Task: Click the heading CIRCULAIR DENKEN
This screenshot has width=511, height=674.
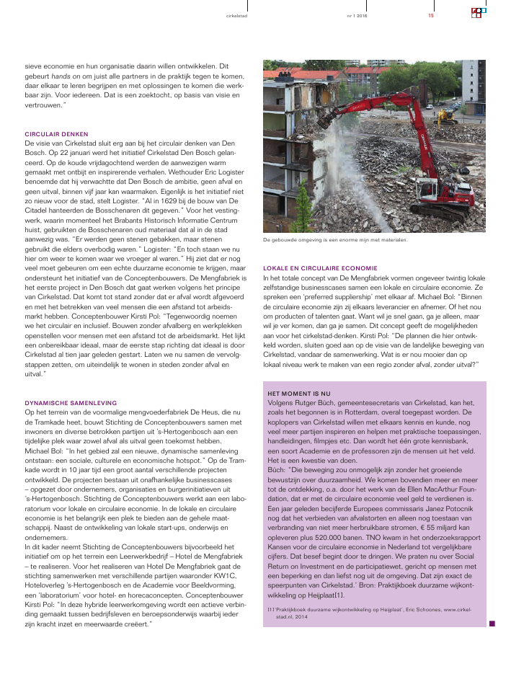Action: click(56, 134)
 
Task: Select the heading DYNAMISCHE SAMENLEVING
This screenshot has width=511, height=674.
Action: click(71, 402)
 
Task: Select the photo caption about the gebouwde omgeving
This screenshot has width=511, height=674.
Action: click(335, 239)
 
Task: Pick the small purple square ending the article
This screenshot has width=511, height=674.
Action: click(492, 624)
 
